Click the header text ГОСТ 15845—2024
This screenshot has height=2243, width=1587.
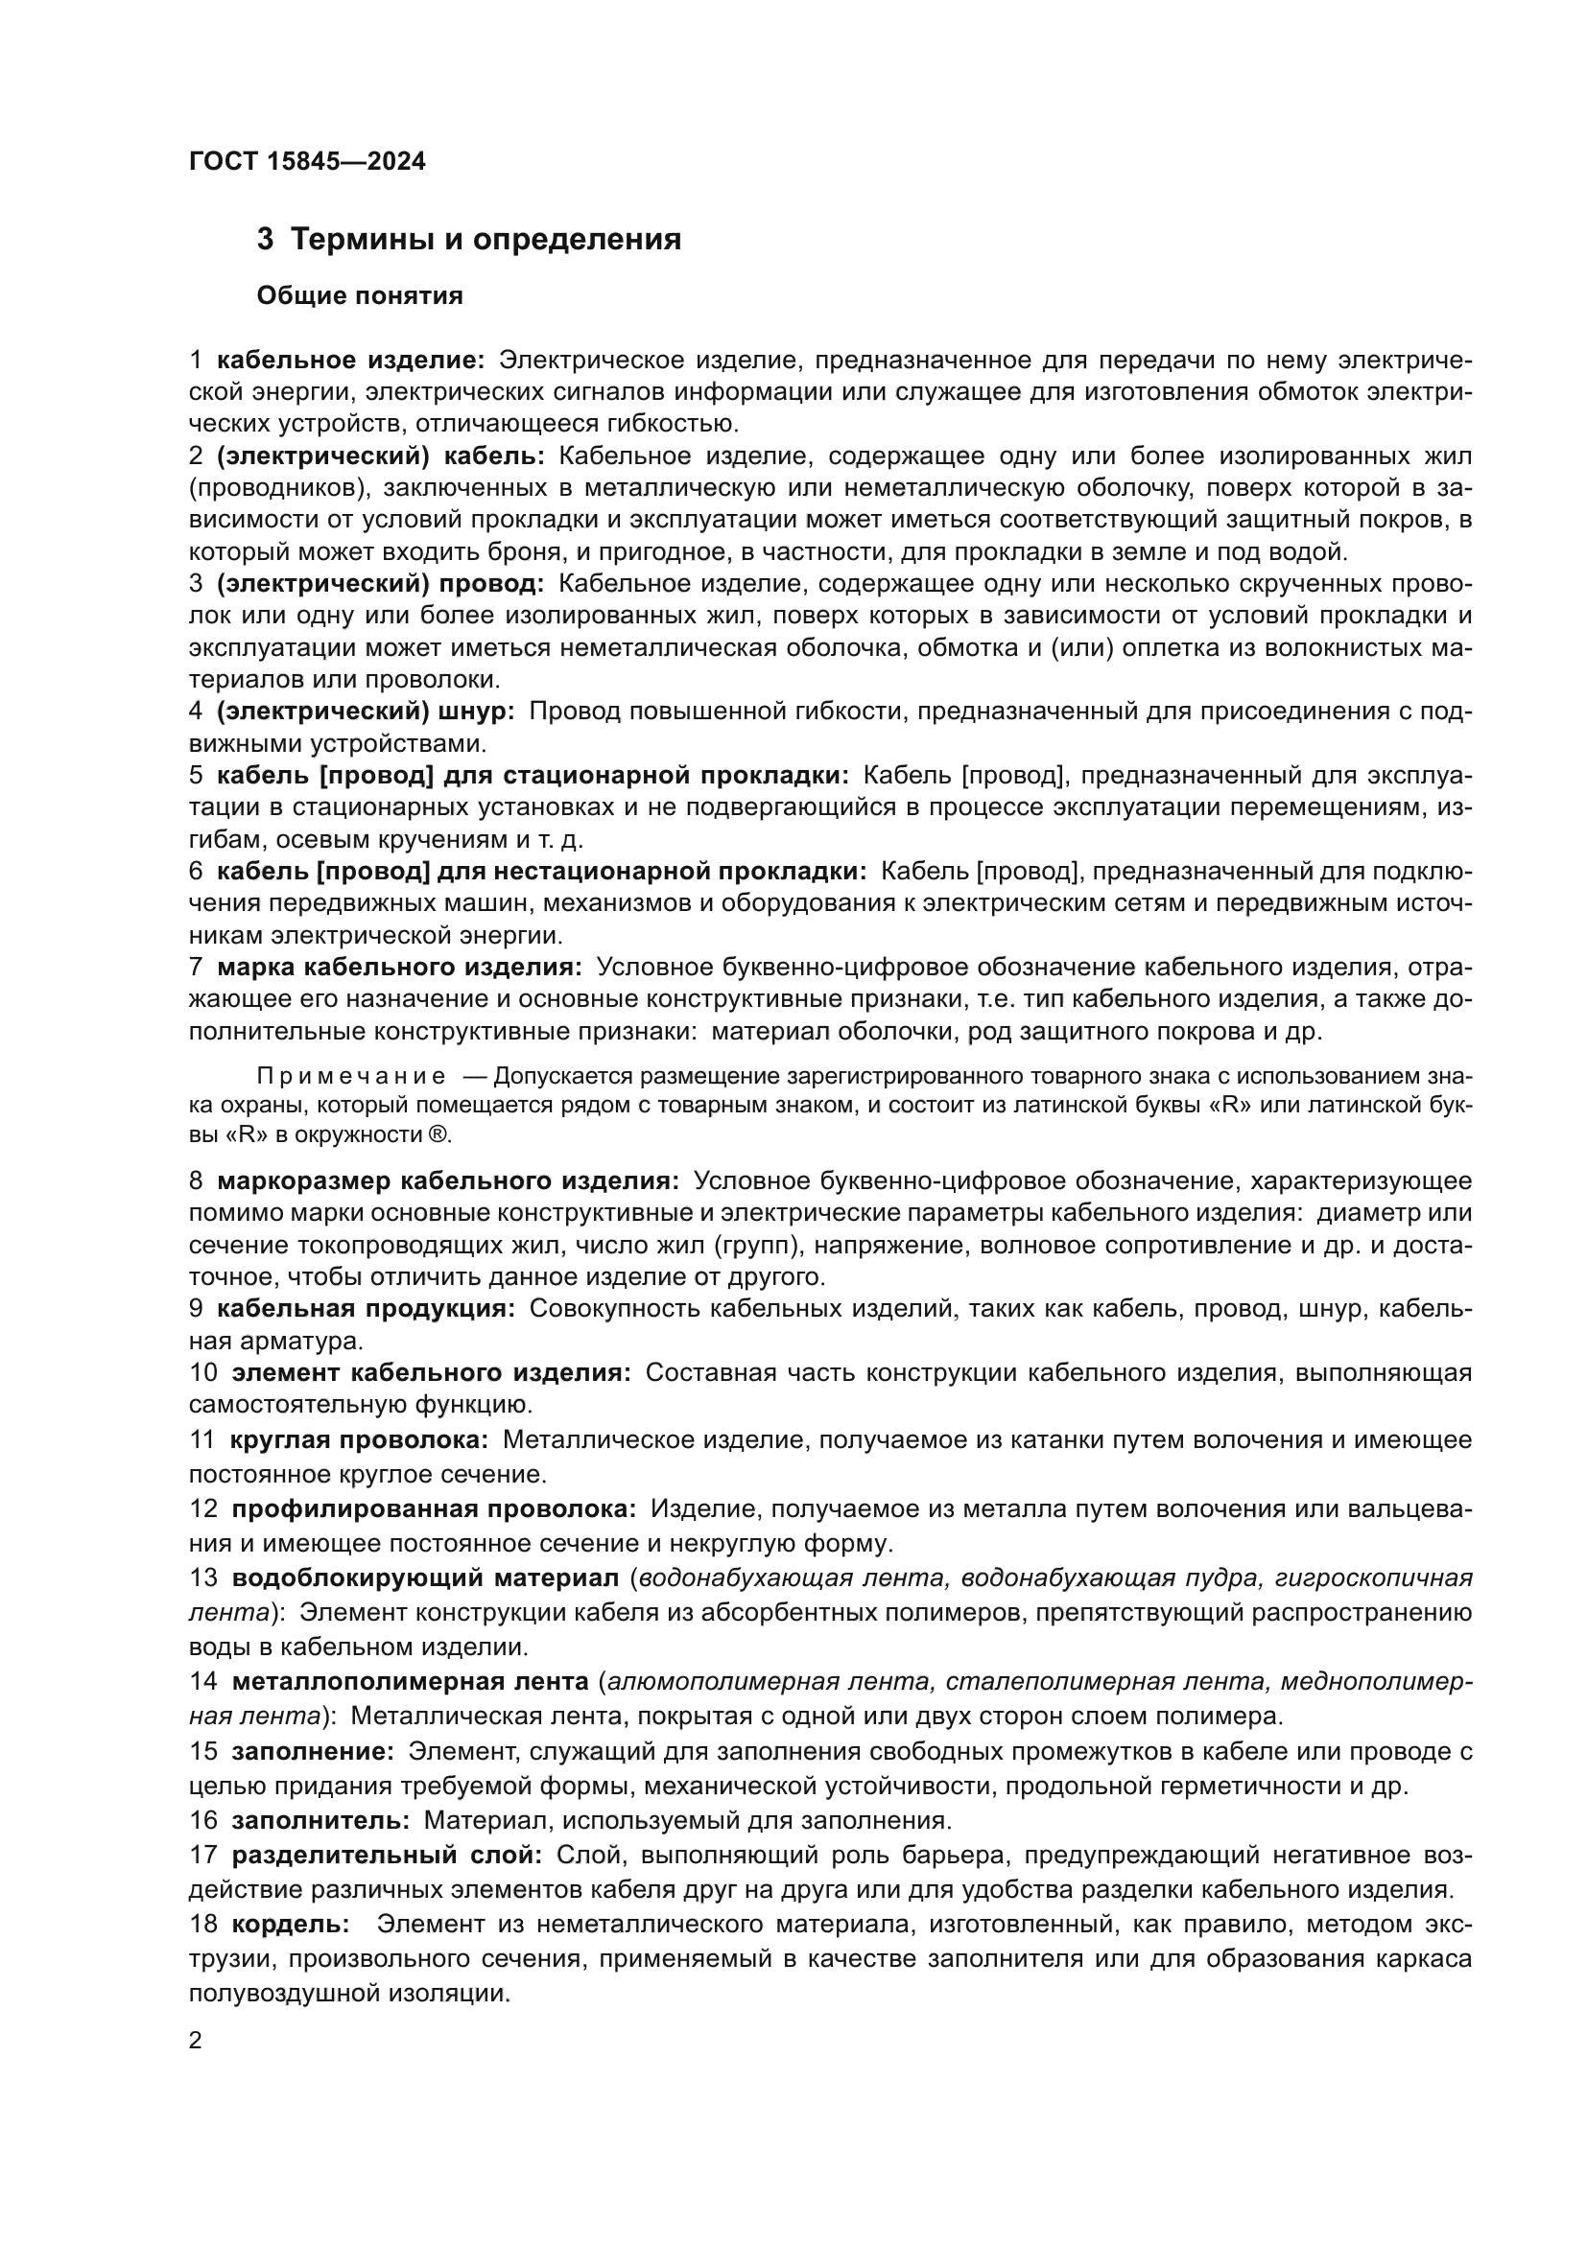307,161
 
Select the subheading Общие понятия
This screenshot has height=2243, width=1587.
360,296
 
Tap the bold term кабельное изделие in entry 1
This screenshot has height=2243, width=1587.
350,361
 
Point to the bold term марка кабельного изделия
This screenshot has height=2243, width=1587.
399,968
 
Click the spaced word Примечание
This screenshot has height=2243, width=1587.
352,1078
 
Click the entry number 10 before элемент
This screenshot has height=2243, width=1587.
203,1373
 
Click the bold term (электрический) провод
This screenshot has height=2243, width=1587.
380,584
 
